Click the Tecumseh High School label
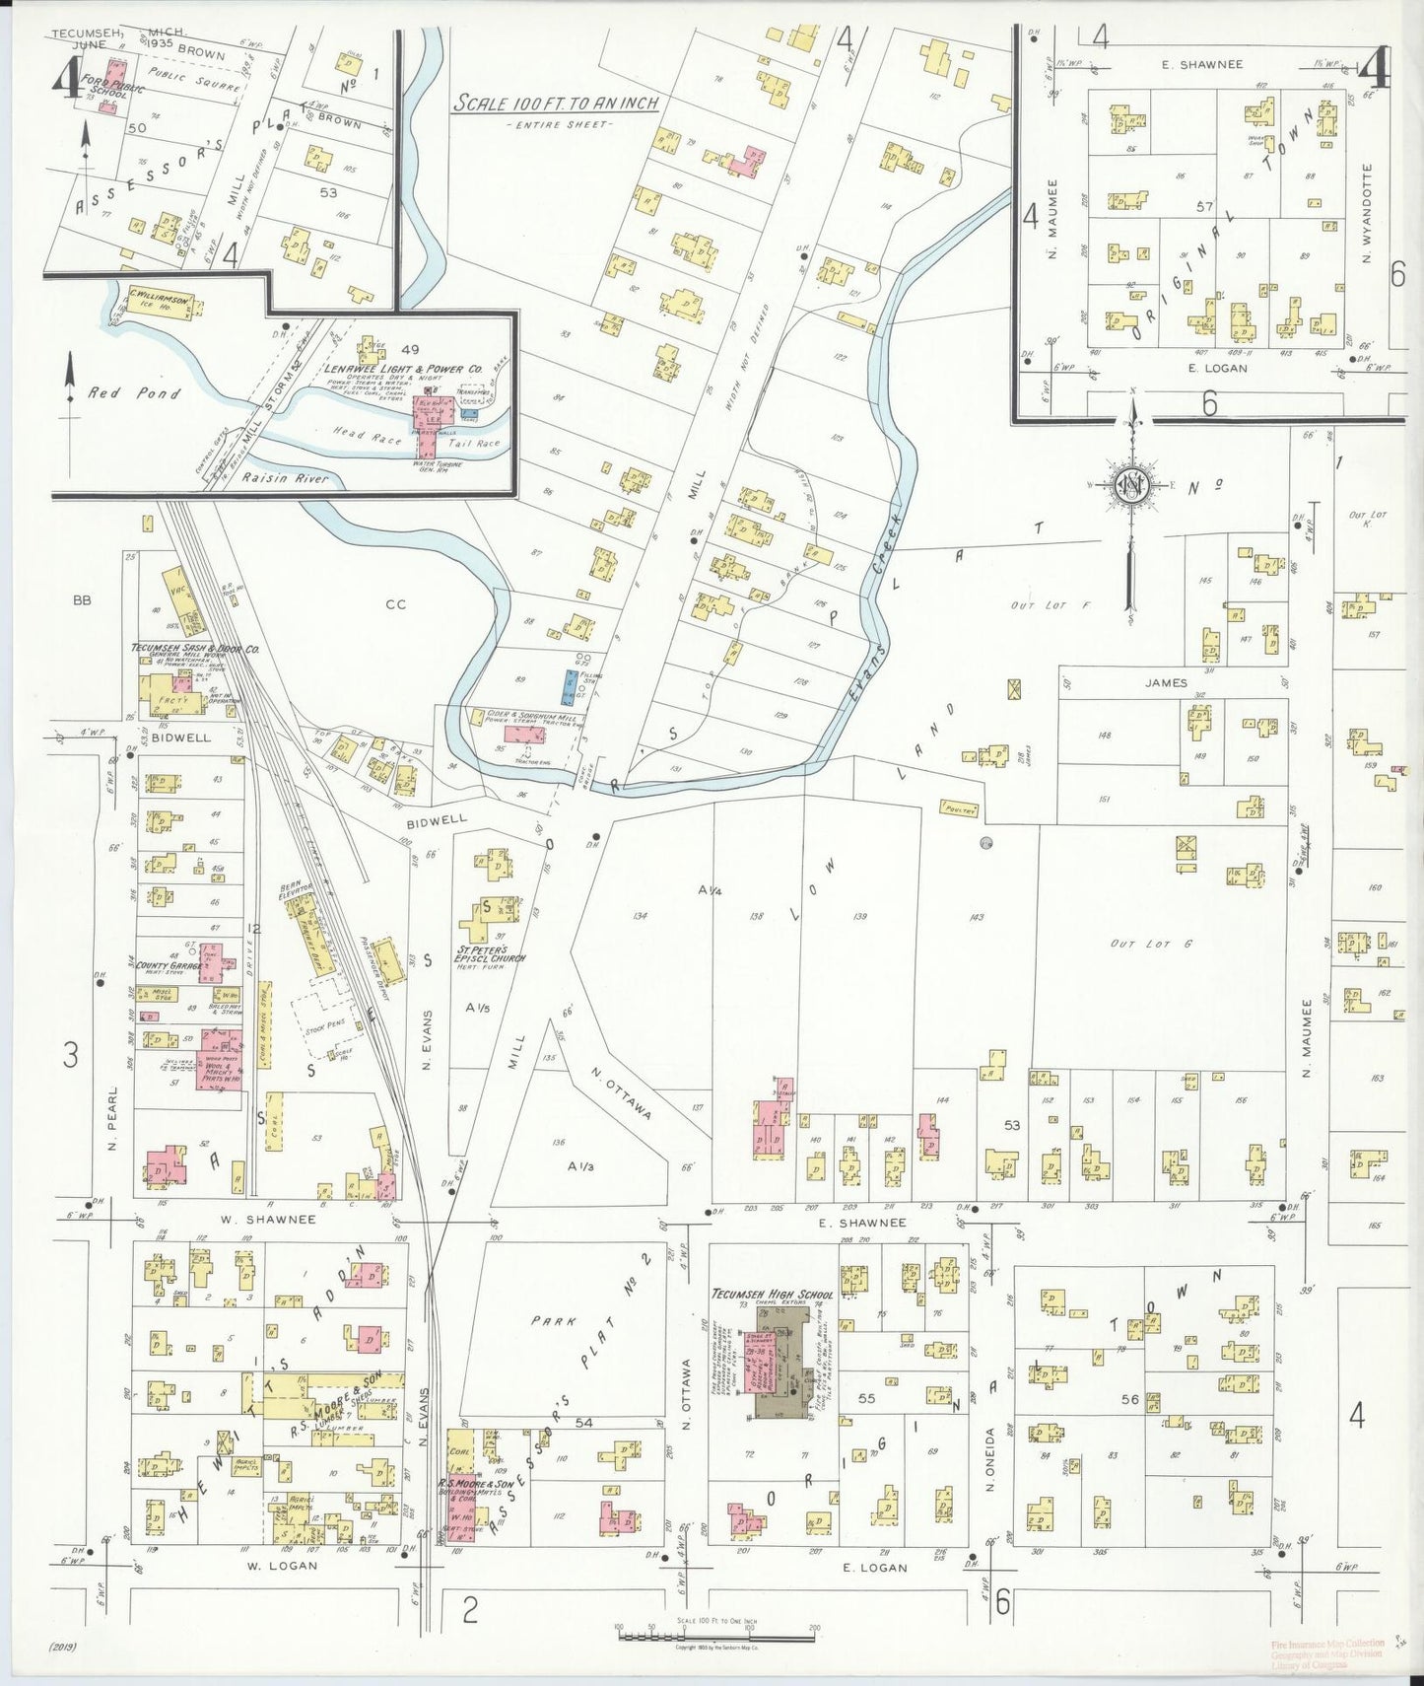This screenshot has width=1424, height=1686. pyautogui.click(x=773, y=1295)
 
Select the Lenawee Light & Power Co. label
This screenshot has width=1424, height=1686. pyautogui.click(x=403, y=369)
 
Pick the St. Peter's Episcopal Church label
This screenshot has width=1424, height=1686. pyautogui.click(x=490, y=956)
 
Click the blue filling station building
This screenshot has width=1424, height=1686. pyautogui.click(x=570, y=686)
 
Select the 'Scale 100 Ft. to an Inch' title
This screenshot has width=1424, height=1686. pyautogui.click(x=555, y=104)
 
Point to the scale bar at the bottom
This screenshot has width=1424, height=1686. pyautogui.click(x=716, y=1635)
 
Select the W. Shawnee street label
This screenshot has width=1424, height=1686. pyautogui.click(x=267, y=1219)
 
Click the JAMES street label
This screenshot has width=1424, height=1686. pyautogui.click(x=1166, y=682)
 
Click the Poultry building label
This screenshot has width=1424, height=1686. pyautogui.click(x=959, y=808)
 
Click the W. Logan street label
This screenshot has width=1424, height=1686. pyautogui.click(x=281, y=1565)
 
